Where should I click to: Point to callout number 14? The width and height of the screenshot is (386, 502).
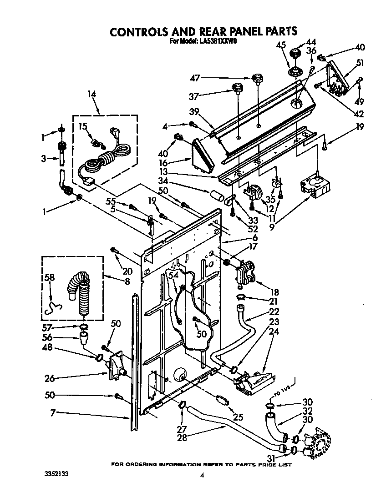tap(92, 95)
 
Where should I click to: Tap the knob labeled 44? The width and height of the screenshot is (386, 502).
tap(297, 51)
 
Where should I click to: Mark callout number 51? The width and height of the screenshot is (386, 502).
tap(360, 63)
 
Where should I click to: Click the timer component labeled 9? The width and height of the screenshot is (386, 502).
tap(314, 186)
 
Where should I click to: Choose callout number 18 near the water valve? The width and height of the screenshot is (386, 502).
tap(275, 292)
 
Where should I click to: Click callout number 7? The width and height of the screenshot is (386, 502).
tap(53, 412)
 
